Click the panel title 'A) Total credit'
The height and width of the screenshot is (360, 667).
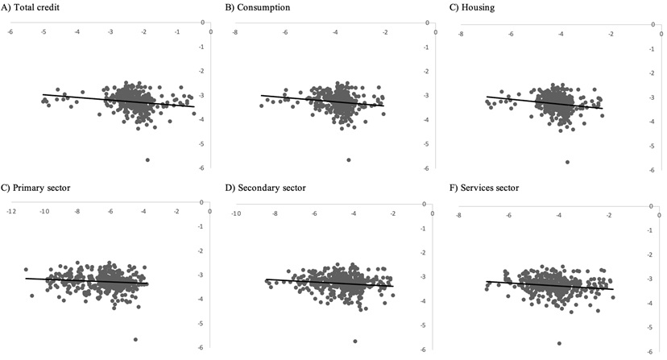tap(33, 8)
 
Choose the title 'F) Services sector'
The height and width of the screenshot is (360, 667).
tap(483, 188)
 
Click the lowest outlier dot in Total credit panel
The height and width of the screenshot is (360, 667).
tap(147, 160)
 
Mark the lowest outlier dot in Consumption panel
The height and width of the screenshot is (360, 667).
tap(348, 160)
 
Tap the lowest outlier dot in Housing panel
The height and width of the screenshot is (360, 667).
tap(568, 162)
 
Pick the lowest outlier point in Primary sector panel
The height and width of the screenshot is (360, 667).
tap(135, 340)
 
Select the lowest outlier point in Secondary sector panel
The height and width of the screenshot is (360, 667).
tap(355, 341)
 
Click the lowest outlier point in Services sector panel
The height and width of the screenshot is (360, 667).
tap(559, 344)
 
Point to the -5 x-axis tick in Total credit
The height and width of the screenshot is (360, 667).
tap(42, 32)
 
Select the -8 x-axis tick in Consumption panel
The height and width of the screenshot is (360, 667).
tap(234, 32)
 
